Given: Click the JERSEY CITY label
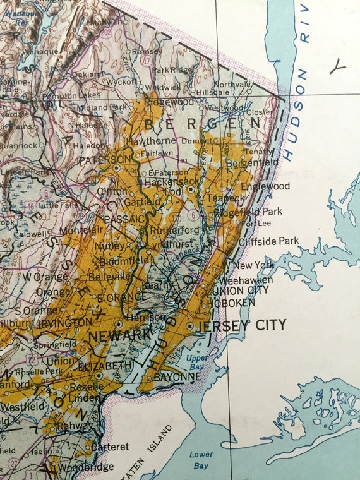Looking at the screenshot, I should coord(242,325).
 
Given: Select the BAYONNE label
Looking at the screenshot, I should coord(179,376).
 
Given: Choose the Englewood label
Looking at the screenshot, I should coord(265,187).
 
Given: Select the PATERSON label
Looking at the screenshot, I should coord(105,160).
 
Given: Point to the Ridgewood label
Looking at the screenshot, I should coord(169,102).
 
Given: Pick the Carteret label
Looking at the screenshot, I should coord(110,447).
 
